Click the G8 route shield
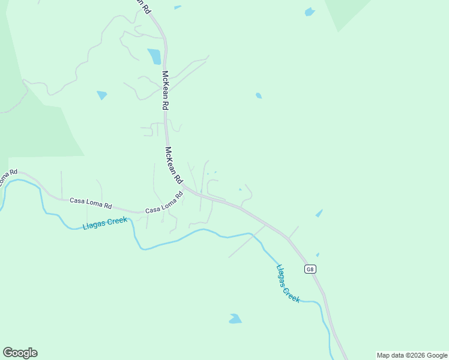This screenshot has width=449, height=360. pyautogui.click(x=309, y=269)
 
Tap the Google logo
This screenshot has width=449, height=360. pyautogui.click(x=20, y=353)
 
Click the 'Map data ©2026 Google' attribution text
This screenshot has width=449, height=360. pyautogui.click(x=412, y=355)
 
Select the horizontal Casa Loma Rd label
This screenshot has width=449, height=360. pyautogui.click(x=91, y=204)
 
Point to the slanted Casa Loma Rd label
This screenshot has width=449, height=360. pyautogui.click(x=164, y=203)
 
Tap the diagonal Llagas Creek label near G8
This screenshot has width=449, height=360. pyautogui.click(x=288, y=283)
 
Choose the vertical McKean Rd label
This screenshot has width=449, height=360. pyautogui.click(x=164, y=90)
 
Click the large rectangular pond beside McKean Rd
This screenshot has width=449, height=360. pyautogui.click(x=155, y=56)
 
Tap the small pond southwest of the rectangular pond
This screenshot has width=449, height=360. pyautogui.click(x=101, y=95)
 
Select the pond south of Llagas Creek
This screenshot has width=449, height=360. pyautogui.click(x=235, y=319)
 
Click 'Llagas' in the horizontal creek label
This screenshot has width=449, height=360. pyautogui.click(x=94, y=225)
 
